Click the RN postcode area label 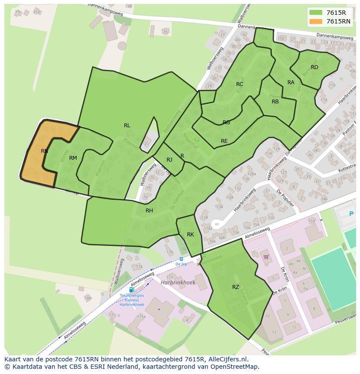44,151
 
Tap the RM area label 73,158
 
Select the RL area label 127,126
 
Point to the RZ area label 236,287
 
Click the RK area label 190,235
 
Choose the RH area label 149,211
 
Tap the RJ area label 170,160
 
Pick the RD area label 314,67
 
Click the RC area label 240,84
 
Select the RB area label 275,102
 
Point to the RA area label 291,83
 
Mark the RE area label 224,141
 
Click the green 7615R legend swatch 316,13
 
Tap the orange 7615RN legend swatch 316,21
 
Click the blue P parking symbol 351,214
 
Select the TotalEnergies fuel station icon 131,290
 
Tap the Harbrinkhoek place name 178,282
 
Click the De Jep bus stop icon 181,259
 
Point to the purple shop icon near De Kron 266,257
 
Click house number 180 88,298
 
